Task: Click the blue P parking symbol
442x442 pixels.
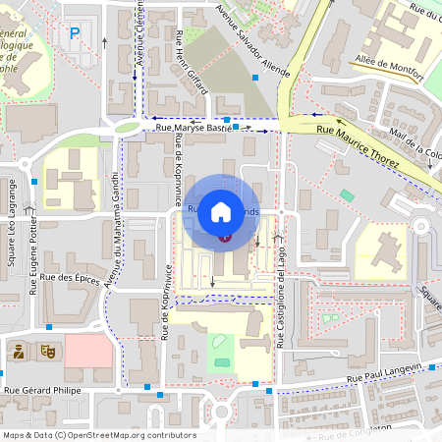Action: click(75, 33)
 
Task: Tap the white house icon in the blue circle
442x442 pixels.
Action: click(221, 210)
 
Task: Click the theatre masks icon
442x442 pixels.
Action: click(45, 350)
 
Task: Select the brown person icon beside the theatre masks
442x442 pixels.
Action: click(18, 350)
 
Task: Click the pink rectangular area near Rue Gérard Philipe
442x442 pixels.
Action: click(88, 350)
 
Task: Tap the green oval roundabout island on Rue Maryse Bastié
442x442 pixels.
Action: click(127, 127)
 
